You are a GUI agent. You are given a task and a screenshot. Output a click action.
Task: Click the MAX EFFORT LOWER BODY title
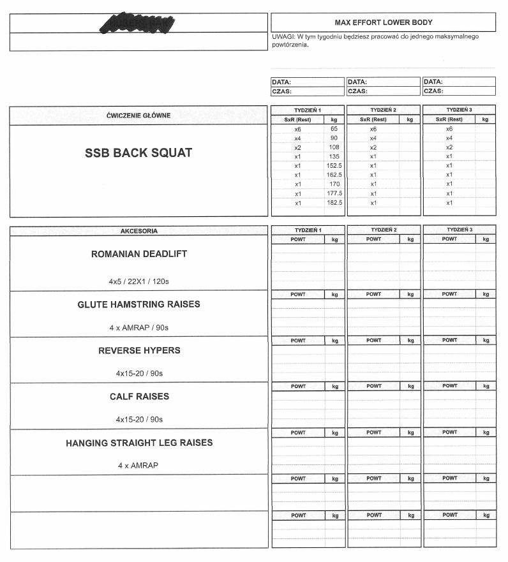point(384,22)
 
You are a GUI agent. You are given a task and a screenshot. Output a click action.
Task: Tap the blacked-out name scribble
point(138,22)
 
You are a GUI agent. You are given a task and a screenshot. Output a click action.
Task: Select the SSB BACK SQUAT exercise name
point(138,153)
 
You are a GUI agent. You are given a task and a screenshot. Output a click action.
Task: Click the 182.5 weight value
point(334,203)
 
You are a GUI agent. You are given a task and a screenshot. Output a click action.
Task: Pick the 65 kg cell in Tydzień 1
point(334,129)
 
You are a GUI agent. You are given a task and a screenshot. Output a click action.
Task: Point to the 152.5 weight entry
point(334,166)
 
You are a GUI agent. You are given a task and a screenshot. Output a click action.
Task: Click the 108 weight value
point(334,147)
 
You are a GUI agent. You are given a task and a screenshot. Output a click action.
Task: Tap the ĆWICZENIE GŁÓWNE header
point(138,115)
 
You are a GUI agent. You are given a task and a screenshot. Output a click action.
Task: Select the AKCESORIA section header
point(138,231)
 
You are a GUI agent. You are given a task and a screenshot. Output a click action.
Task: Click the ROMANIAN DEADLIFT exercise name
point(138,254)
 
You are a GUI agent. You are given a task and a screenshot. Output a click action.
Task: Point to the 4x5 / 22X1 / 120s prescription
point(138,281)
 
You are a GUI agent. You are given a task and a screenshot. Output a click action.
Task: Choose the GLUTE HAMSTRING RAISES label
point(138,304)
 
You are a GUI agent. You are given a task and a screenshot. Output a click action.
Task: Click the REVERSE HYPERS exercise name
point(138,350)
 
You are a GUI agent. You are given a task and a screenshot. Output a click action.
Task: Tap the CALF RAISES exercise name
point(138,396)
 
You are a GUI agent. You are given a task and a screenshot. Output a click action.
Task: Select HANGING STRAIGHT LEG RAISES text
point(138,443)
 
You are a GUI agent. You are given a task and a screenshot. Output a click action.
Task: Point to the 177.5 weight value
point(334,194)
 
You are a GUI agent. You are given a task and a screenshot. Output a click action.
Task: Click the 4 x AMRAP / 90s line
point(138,328)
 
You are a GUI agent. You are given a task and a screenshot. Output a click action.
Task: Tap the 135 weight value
point(334,156)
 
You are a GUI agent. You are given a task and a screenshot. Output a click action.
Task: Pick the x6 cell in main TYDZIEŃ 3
point(449,129)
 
